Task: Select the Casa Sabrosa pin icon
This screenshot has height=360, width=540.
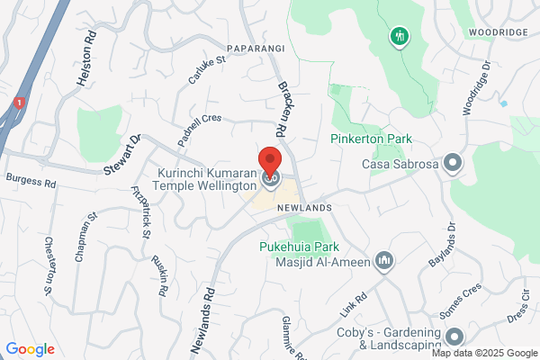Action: pos(453,163)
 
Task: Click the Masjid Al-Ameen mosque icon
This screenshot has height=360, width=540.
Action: pos(384,260)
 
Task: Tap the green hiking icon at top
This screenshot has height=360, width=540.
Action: pos(400,37)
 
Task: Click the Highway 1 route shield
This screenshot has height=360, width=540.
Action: pos(19,103)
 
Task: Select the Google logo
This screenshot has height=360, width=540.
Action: pos(30,349)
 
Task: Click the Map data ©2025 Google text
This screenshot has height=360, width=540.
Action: pos(489,353)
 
